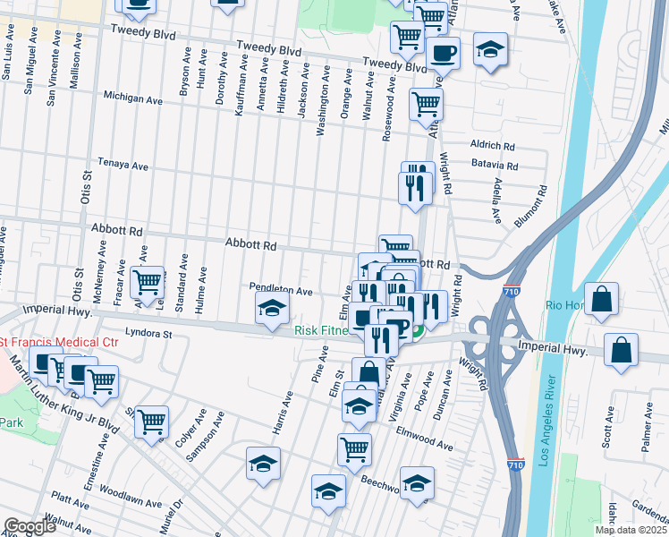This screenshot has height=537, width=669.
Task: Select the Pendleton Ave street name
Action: (281, 291)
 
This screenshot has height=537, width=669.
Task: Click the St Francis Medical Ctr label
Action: (59, 343)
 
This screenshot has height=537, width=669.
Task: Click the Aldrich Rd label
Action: (493, 145)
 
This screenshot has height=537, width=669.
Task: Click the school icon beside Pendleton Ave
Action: (272, 310)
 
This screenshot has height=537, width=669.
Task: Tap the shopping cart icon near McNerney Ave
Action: (148, 282)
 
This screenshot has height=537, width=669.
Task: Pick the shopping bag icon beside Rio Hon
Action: (603, 301)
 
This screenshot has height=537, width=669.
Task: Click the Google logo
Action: (30, 526)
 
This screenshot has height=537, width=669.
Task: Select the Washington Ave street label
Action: (321, 112)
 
